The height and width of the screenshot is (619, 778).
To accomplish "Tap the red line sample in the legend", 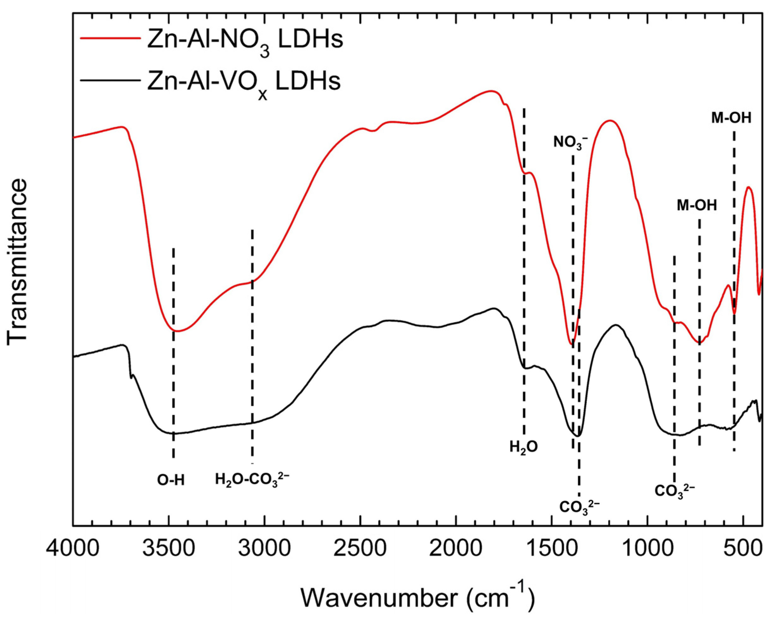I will click(110, 39).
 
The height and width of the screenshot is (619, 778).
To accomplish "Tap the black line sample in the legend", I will click(110, 80).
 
